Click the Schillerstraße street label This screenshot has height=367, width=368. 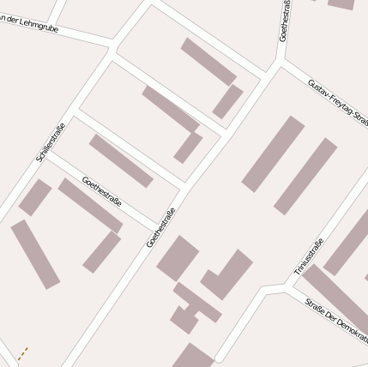tap(51, 143)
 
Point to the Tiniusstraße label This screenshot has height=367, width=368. tap(308, 256)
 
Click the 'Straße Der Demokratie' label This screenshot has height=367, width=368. tap(336, 317)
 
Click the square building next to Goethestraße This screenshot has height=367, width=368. tap(178, 258)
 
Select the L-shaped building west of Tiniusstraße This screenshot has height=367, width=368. tap(227, 275)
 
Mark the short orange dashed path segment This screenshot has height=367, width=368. tap(22, 352)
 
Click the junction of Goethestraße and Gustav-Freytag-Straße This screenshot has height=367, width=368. tap(280, 62)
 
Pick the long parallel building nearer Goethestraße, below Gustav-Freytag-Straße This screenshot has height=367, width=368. tap(273, 153)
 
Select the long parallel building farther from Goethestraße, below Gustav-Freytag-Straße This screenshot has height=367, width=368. tap(305, 176)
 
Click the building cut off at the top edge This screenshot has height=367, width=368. tap(341, 3)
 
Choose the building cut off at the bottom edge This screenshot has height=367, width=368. tap(193, 357)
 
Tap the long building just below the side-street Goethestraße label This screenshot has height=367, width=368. tap(90, 205)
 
